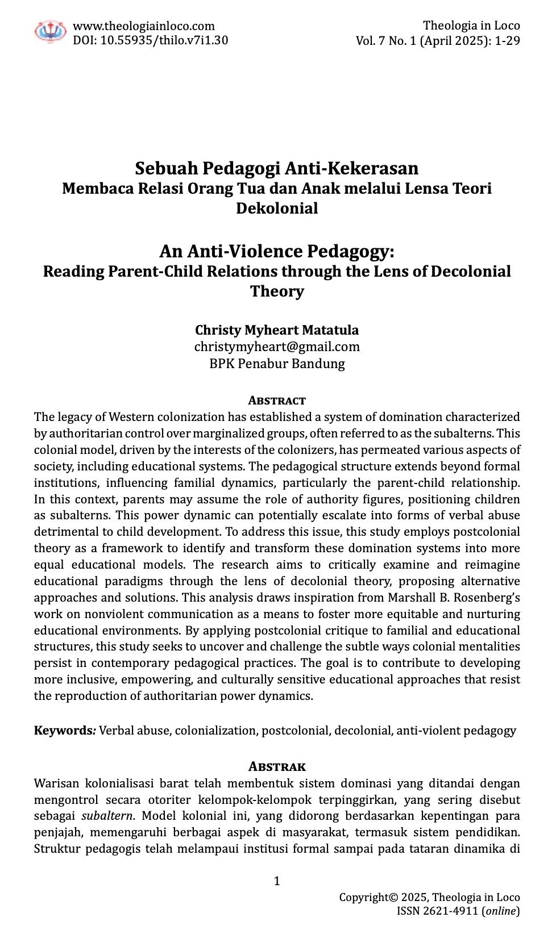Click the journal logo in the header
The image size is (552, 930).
tap(51, 32)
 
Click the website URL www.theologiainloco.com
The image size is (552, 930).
tap(144, 26)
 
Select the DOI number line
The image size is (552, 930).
tap(151, 40)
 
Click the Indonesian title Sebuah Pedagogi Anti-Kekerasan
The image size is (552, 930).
tap(277, 168)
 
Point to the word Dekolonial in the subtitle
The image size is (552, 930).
tap(277, 208)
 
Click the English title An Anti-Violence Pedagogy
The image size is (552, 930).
tap(277, 251)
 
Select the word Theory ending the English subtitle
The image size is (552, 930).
tap(277, 291)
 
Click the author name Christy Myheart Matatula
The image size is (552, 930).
tap(277, 330)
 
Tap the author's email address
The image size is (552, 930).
tap(277, 347)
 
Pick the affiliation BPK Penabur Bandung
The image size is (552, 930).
tap(277, 364)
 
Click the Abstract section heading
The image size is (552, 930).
tap(277, 401)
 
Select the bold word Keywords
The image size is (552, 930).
tap(63, 731)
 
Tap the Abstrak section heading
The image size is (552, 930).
tap(277, 767)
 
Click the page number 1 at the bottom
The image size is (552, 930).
tap(277, 881)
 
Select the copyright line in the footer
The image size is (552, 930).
tap(429, 898)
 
